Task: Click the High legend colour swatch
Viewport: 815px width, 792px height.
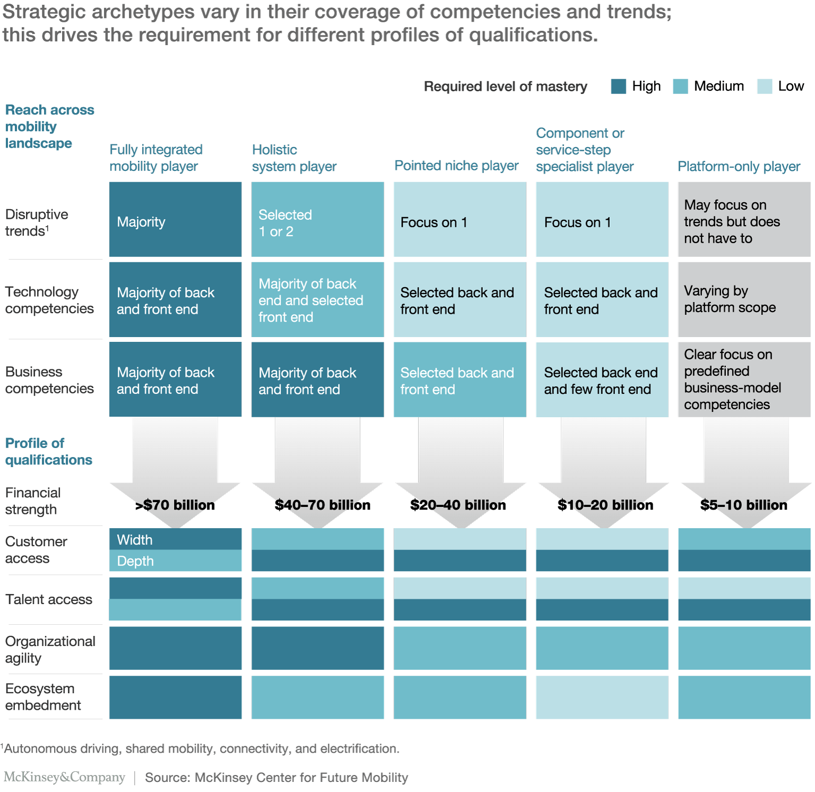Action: pos(618,87)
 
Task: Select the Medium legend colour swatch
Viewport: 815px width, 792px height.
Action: pos(680,87)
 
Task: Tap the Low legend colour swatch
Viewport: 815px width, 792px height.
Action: pos(765,87)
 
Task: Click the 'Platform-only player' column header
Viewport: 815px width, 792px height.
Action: pos(739,166)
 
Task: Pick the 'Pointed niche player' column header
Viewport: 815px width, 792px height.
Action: pos(456,166)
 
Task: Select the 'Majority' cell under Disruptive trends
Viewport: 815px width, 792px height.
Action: pos(175,220)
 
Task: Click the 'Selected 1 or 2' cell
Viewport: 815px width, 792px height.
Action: pos(317,220)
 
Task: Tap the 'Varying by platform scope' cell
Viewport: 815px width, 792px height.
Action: pos(744,299)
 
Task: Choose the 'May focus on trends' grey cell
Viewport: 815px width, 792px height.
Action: pos(744,220)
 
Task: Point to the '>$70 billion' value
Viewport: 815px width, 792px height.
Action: pos(175,505)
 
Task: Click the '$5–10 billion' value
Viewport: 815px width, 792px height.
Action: pos(743,505)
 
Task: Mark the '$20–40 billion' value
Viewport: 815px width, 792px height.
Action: pos(458,505)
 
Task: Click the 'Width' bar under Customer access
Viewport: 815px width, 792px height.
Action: pos(175,539)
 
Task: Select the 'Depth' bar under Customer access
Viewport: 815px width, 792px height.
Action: pos(175,561)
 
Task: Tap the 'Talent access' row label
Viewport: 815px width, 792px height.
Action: pos(49,599)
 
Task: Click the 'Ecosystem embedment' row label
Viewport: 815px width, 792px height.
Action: pos(43,697)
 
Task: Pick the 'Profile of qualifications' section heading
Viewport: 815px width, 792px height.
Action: pos(48,451)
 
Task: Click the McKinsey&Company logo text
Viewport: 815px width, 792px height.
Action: pos(64,777)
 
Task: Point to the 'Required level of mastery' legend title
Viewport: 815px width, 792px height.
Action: pos(505,87)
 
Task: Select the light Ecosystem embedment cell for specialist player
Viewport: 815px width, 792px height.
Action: pos(602,697)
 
